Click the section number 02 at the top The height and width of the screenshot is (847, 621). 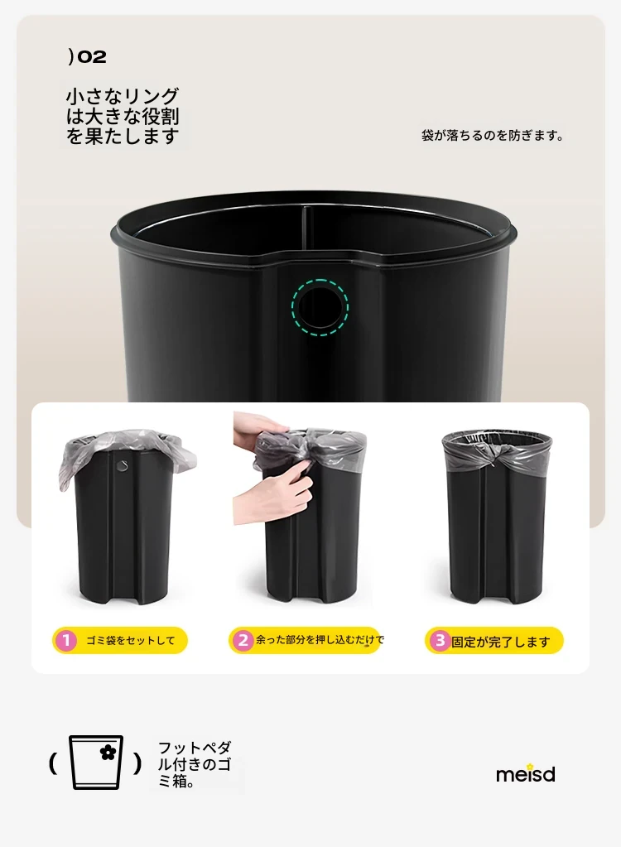pyautogui.click(x=92, y=57)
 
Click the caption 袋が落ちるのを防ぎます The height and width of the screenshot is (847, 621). pyautogui.click(x=492, y=135)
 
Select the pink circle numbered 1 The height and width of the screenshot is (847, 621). pyautogui.click(x=66, y=641)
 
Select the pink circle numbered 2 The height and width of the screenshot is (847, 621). pyautogui.click(x=243, y=640)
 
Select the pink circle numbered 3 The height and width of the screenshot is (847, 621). pyautogui.click(x=440, y=641)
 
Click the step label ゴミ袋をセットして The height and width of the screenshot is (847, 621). pyautogui.click(x=131, y=641)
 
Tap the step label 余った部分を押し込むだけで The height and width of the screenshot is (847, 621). pyautogui.click(x=320, y=640)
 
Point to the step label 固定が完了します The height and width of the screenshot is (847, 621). pyautogui.click(x=501, y=642)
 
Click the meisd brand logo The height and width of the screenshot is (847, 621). pyautogui.click(x=526, y=774)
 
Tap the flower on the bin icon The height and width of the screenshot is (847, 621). pyautogui.click(x=108, y=752)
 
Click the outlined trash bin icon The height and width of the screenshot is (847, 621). pyautogui.click(x=96, y=763)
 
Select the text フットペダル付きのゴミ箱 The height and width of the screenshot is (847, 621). pyautogui.click(x=195, y=764)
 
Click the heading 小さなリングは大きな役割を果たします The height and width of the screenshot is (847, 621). pyautogui.click(x=123, y=116)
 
